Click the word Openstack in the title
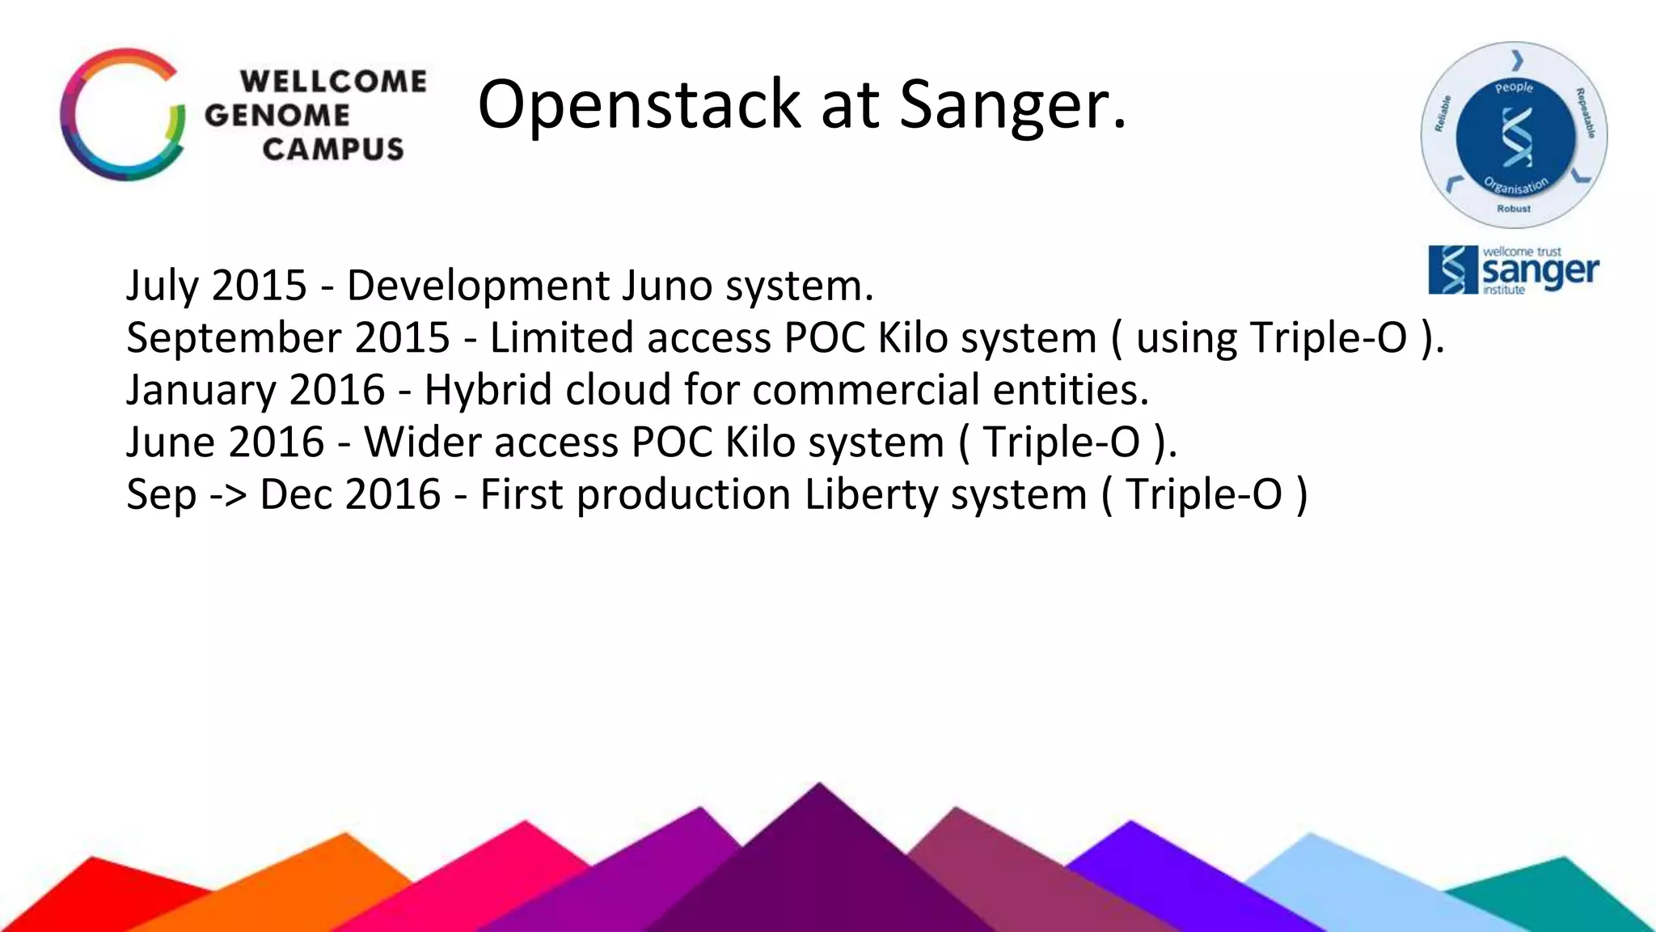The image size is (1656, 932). [639, 105]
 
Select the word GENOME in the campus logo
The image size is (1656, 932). [277, 116]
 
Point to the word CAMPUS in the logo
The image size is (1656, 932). [332, 150]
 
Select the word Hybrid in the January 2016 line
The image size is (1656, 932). [488, 390]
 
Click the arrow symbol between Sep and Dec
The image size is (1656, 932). [227, 495]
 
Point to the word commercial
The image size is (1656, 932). [865, 390]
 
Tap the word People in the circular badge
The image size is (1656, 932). [1514, 87]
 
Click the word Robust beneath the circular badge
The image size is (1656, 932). [1513, 209]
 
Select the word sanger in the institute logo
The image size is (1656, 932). [1540, 272]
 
